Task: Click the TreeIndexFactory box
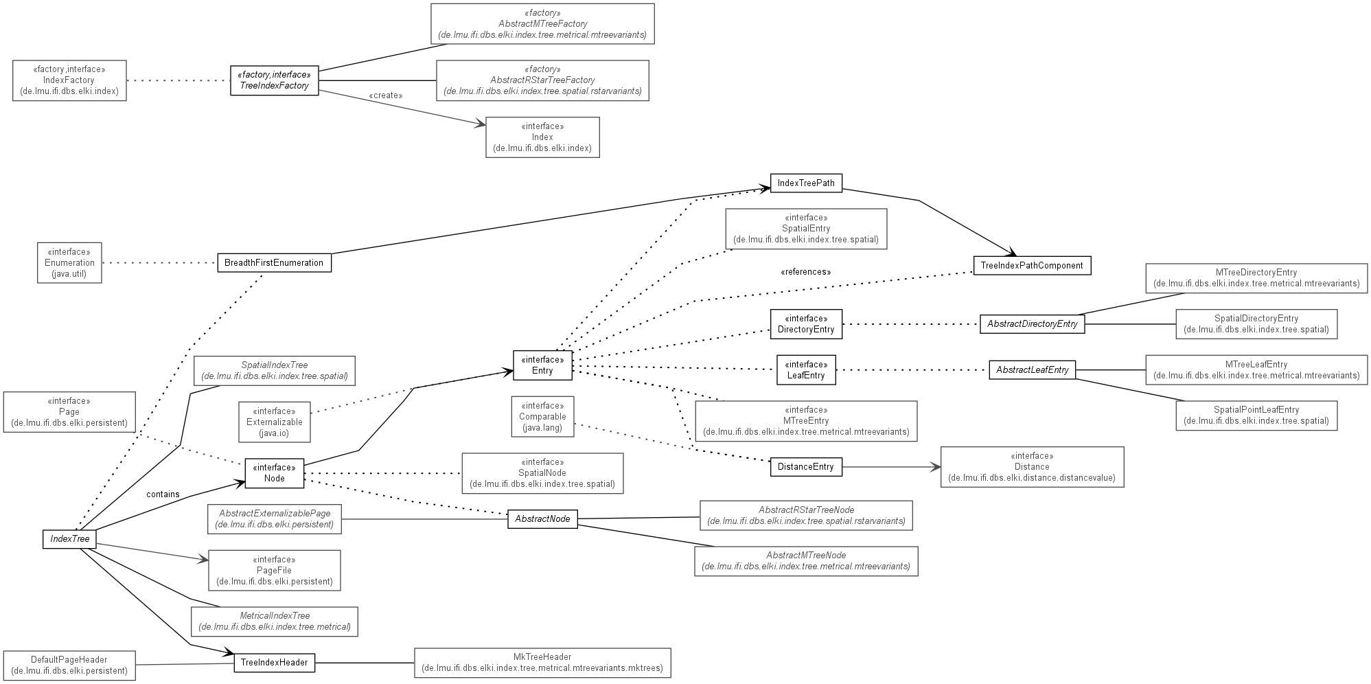[x=275, y=80]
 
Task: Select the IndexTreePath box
[x=807, y=183]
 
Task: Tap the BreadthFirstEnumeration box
[x=275, y=263]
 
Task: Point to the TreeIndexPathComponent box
[x=1032, y=266]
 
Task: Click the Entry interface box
[x=542, y=365]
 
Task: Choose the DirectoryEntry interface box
[x=806, y=324]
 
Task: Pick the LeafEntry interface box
[x=806, y=370]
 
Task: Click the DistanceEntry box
[x=806, y=467]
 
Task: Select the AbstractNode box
[x=542, y=519]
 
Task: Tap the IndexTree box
[x=69, y=539]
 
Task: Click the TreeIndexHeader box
[x=275, y=663]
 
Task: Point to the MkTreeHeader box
[x=542, y=663]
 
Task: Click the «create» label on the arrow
[x=386, y=95]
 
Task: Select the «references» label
[x=806, y=272]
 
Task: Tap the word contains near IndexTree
[x=163, y=494]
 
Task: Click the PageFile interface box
[x=275, y=570]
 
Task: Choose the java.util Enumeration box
[x=69, y=262]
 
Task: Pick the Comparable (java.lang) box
[x=542, y=416]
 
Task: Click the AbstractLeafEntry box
[x=1033, y=370]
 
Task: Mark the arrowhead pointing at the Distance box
[x=936, y=467]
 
